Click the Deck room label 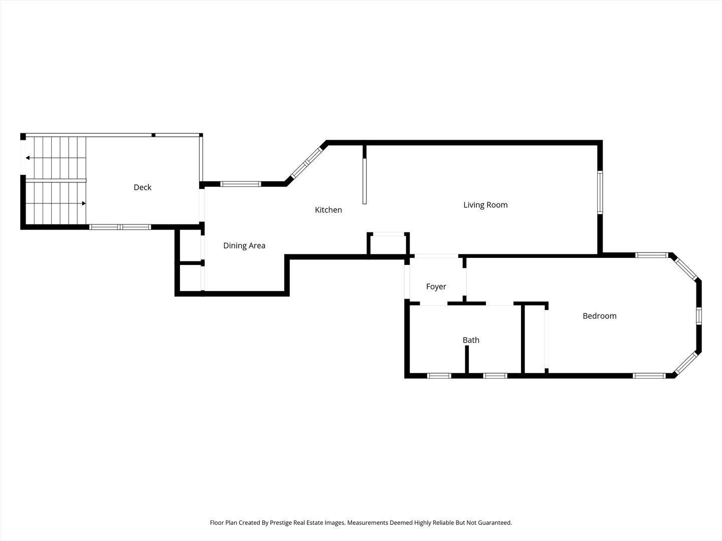[x=142, y=187]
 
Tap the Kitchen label [x=328, y=210]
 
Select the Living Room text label [x=485, y=205]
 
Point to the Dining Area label [x=244, y=245]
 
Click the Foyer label [x=436, y=287]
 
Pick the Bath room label [x=471, y=340]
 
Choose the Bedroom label [x=600, y=316]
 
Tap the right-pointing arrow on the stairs [x=83, y=203]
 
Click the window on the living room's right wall [x=600, y=193]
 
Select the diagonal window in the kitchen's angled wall [x=307, y=161]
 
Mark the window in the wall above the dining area [x=241, y=184]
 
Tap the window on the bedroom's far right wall [x=699, y=317]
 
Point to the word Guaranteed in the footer [x=494, y=522]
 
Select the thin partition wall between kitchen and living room [x=365, y=175]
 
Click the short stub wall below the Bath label [x=466, y=359]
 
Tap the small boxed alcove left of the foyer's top [x=389, y=244]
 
